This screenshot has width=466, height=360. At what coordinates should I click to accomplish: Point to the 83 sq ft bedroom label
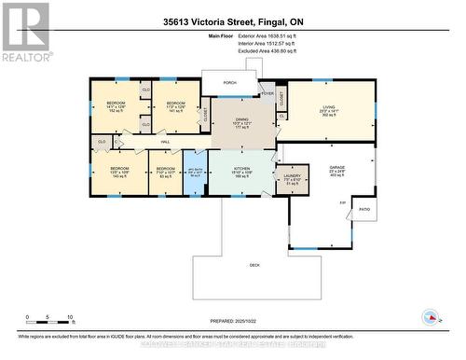tap(166, 172)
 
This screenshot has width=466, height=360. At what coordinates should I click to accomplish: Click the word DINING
tap(242, 120)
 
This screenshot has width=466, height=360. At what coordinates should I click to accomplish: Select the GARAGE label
tap(336, 168)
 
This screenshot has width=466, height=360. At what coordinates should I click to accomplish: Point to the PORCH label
tap(229, 82)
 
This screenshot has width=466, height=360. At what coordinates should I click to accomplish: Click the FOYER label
tap(267, 94)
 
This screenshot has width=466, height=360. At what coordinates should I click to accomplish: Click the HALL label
tap(164, 142)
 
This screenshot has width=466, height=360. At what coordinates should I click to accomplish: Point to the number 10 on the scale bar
tap(70, 318)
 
